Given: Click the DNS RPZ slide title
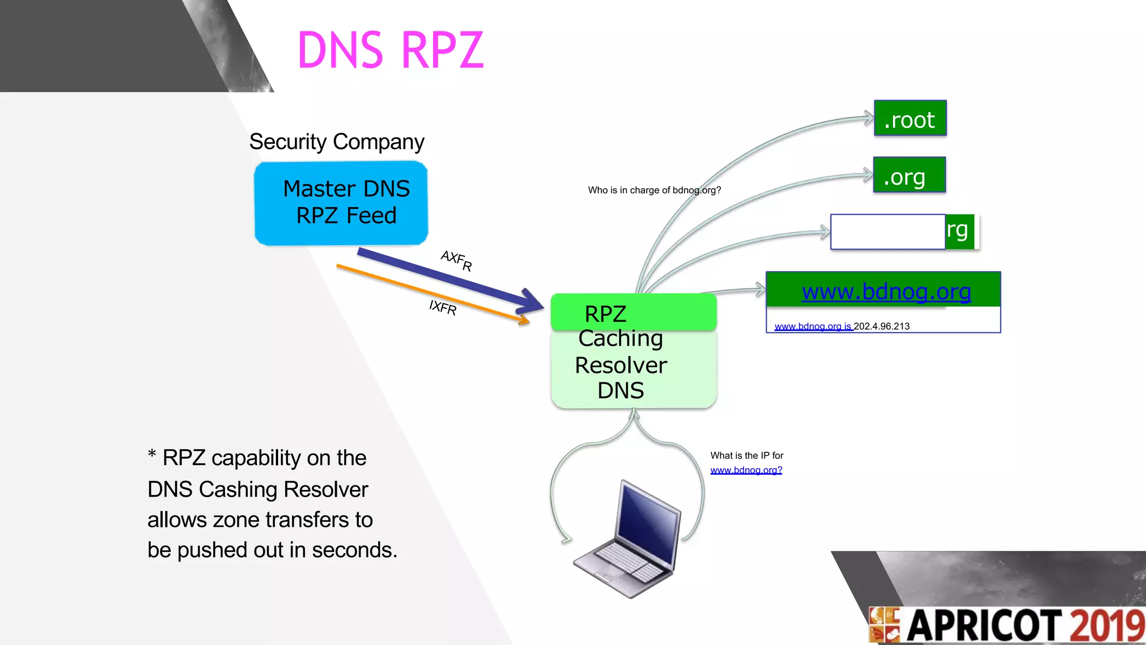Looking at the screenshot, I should point(390,50).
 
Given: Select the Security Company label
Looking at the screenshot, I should point(336,142).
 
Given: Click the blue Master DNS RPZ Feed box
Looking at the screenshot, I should point(341,203).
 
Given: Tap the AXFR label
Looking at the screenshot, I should point(456,260).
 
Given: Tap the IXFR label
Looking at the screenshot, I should point(443,307).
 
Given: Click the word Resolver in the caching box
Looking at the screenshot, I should point(621,365).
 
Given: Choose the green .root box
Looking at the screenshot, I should point(910,119).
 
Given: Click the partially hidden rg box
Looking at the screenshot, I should point(959,231).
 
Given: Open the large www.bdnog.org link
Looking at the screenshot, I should point(886,292).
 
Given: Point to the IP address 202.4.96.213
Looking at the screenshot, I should point(881,326).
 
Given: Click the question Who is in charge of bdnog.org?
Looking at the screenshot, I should point(654,190).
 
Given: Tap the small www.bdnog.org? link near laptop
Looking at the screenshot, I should point(746,470).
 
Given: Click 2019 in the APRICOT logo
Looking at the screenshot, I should point(1106,625).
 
